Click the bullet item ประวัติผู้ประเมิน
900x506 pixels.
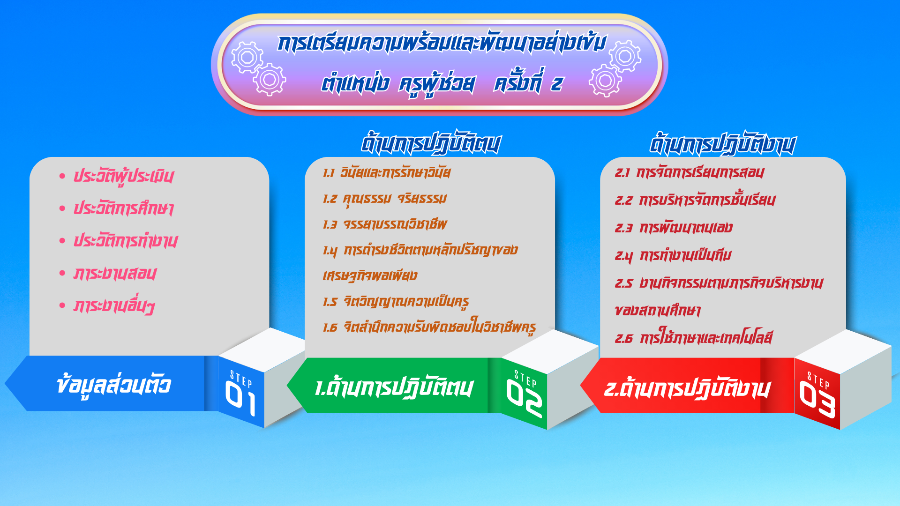[123, 176]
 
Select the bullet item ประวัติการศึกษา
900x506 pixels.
[123, 208]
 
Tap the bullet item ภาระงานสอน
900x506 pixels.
[115, 274]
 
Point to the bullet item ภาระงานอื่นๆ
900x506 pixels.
[114, 306]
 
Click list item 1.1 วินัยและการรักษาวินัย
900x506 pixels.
[387, 172]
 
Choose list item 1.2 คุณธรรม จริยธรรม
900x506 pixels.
[385, 199]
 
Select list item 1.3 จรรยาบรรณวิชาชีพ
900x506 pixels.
[385, 224]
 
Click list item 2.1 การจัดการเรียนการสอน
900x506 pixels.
[690, 172]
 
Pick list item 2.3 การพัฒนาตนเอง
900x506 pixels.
[674, 228]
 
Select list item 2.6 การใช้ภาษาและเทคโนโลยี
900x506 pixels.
[694, 337]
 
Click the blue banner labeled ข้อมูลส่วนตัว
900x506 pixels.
[112, 383]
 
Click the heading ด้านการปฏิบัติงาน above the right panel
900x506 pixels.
[722, 143]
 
